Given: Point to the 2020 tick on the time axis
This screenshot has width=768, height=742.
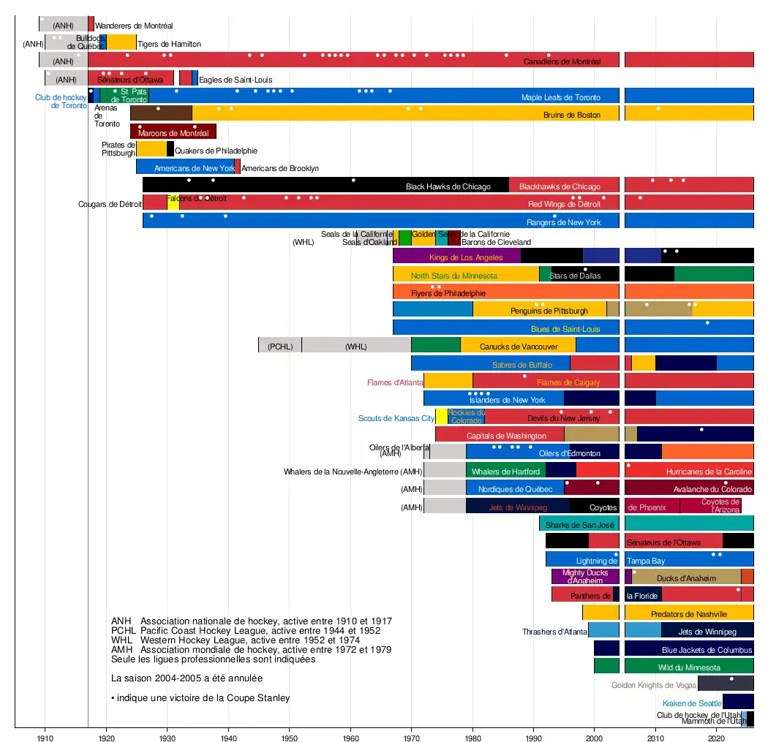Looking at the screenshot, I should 717,733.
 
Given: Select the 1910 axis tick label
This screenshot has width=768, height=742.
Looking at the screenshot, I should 45,733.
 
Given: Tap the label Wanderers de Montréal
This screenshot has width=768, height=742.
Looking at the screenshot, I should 134,26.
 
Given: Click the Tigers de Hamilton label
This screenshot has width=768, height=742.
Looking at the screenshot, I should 169,44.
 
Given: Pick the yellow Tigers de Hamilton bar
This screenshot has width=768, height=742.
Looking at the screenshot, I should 121,42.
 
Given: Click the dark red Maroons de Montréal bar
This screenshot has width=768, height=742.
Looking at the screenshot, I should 173,132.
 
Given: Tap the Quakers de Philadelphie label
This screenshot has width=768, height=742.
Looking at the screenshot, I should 216,151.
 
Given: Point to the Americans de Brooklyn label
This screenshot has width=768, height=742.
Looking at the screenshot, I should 280,168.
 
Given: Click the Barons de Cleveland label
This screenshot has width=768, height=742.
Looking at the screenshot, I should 496,241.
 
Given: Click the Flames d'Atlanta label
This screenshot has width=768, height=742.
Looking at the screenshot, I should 395,382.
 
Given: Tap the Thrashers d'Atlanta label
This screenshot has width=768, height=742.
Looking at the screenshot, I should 554,632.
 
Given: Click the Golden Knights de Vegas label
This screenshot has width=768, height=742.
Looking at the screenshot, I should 653,685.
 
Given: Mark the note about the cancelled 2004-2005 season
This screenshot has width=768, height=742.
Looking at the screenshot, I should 187,678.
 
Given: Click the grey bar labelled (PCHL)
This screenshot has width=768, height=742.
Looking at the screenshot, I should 279,347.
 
